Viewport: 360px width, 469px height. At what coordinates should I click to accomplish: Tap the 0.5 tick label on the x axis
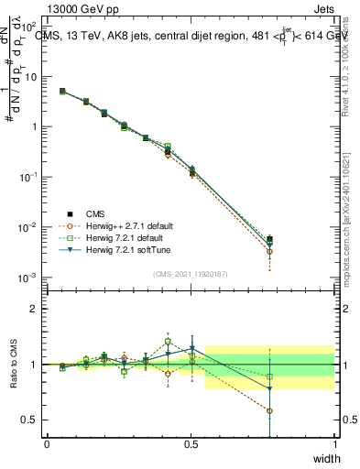tap(191, 444)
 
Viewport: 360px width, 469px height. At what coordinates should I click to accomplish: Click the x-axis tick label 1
tap(334, 444)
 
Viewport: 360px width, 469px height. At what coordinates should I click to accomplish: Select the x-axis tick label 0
tap(47, 444)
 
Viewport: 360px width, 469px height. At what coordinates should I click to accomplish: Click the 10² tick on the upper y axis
tap(29, 27)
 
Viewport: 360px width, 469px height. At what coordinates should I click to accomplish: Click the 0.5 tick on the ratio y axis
tap(31, 420)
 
